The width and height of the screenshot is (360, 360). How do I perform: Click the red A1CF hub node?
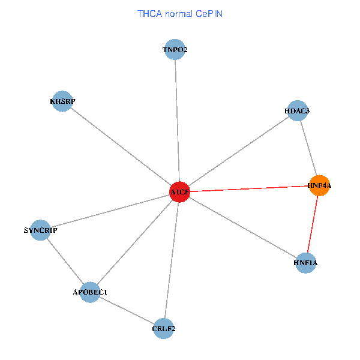point(180,191)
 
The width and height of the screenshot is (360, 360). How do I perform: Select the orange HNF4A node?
point(319,186)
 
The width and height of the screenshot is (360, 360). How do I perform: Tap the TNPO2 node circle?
point(175,50)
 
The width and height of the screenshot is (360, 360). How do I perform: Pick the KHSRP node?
point(62,101)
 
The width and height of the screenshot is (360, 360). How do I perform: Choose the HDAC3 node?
point(298,111)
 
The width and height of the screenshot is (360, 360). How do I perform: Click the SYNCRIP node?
point(40,230)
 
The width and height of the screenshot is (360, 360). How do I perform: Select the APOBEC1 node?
point(90,292)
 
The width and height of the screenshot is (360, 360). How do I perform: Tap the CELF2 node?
point(164,328)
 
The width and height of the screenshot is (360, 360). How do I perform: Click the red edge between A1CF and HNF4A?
point(250,189)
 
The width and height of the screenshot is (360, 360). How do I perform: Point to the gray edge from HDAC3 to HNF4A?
point(308,148)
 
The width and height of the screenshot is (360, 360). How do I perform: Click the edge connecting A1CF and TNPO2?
point(177,120)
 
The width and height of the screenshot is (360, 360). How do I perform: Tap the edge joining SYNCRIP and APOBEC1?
point(65,261)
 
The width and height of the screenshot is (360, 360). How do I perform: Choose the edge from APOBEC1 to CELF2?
point(127,310)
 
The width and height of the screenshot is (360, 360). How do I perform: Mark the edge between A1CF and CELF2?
point(172,260)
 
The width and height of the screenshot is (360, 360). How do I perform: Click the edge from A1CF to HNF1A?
point(243,227)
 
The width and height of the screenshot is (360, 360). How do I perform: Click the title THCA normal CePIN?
point(180,13)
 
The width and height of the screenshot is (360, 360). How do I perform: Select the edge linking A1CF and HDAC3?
point(239,151)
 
